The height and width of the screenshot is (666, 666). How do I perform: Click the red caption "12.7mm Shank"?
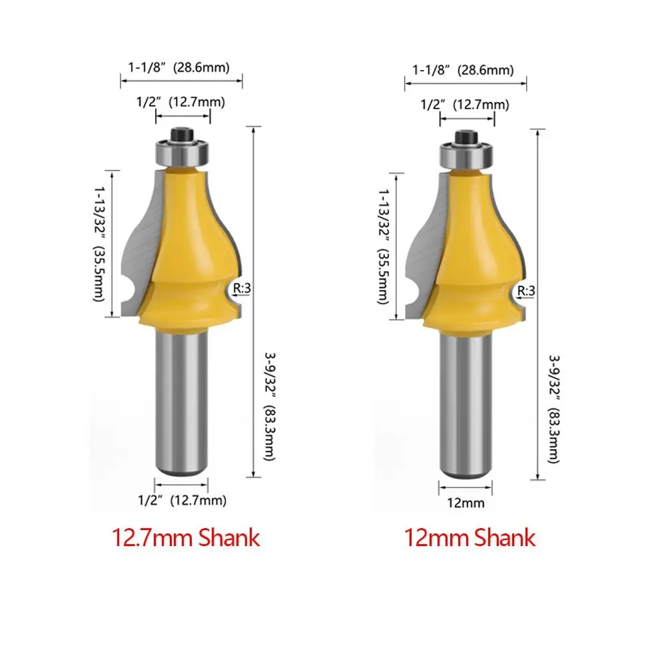186,537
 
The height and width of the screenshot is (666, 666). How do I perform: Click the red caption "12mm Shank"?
470,537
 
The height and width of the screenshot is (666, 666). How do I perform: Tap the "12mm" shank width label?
466,503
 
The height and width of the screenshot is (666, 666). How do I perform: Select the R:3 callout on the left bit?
242,288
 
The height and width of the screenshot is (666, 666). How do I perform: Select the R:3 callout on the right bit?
526,291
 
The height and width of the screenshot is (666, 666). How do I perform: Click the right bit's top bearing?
467,156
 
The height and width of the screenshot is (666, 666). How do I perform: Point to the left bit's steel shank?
181,402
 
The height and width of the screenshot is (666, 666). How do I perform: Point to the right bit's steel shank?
466,405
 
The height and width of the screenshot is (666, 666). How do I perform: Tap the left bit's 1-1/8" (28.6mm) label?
178,67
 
